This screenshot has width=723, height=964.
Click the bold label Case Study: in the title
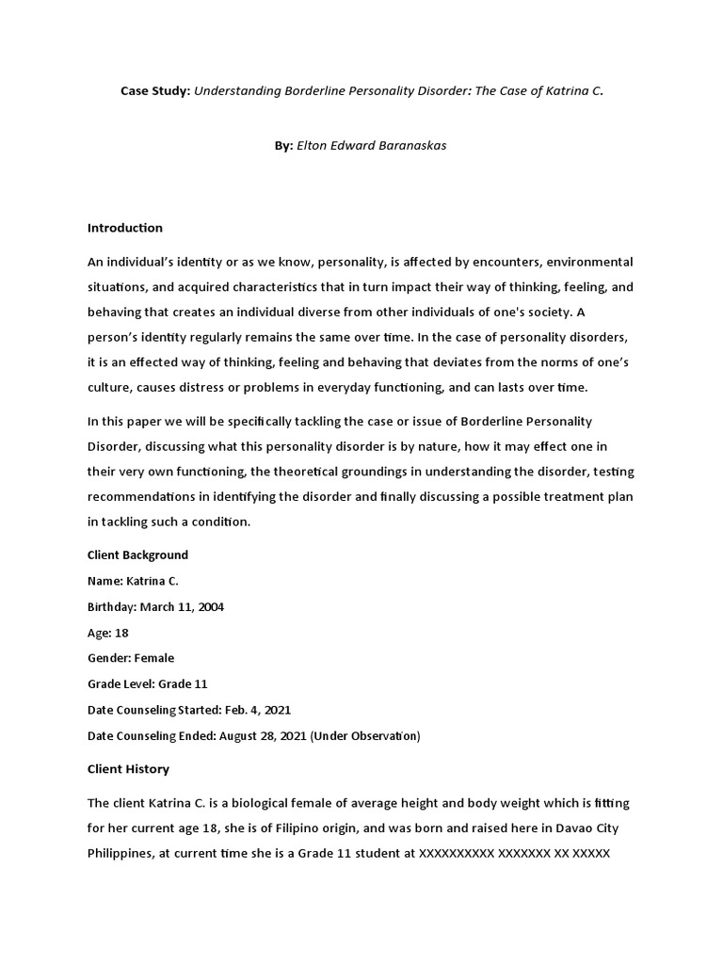(x=155, y=91)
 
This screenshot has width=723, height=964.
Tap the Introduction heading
(x=125, y=228)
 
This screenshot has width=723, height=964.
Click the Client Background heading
(x=137, y=554)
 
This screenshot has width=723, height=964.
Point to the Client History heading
(x=128, y=769)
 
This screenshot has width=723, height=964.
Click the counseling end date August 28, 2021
(x=262, y=736)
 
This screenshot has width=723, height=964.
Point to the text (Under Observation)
(x=366, y=736)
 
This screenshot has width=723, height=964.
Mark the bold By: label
(x=284, y=147)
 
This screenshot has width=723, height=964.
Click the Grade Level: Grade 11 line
(x=147, y=684)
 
